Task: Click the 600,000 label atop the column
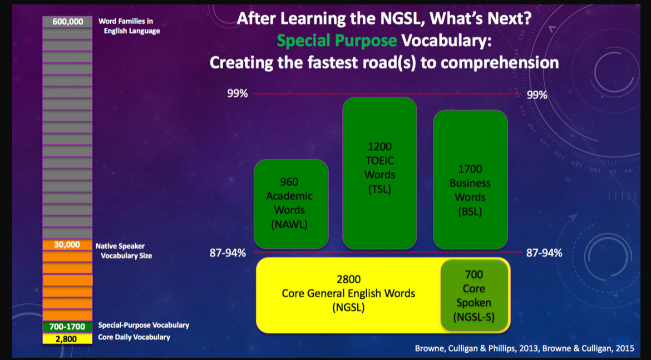coord(68,22)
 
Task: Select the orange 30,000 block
coord(67,245)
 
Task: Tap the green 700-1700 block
coord(67,327)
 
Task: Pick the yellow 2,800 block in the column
coord(67,339)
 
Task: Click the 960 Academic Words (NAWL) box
coord(291,204)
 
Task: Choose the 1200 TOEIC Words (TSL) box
coord(379,172)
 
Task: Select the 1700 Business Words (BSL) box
coord(470,179)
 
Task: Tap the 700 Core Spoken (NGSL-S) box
coord(474,295)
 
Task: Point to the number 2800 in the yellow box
coord(348,279)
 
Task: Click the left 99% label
coord(238,94)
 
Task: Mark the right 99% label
coord(537,95)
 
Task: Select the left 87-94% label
coord(228,253)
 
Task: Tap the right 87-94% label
coord(544,253)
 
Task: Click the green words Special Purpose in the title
coord(337,41)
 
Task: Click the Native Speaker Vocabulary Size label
coord(124,251)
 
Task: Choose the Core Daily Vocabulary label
coord(134,337)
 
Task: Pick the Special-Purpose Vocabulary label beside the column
coord(144,325)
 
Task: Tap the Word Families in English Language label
coord(129,26)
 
